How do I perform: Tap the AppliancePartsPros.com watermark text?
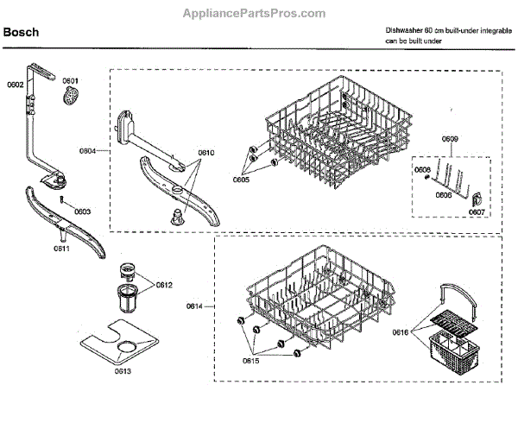pyautogui.click(x=255, y=13)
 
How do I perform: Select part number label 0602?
pyautogui.click(x=16, y=84)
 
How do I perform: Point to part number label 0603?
pyautogui.click(x=82, y=211)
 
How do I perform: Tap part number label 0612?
pyautogui.click(x=164, y=285)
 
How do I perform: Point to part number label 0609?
pyautogui.click(x=450, y=140)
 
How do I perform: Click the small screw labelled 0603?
pyautogui.click(x=62, y=200)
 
